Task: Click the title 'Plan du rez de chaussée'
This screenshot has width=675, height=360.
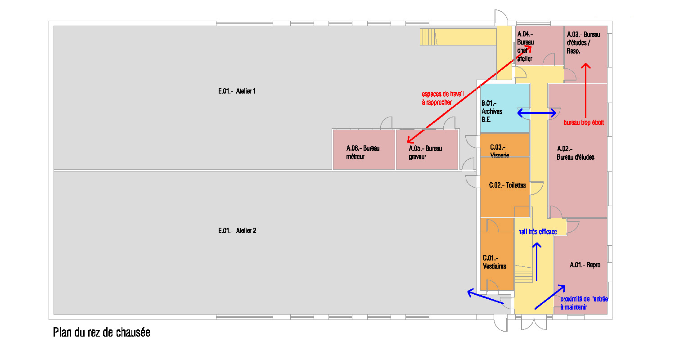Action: [x=101, y=333]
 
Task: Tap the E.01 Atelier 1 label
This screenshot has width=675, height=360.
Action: [x=237, y=91]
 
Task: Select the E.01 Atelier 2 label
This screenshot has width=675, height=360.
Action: [x=237, y=231]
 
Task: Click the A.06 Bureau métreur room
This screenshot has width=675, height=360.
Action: [x=364, y=153]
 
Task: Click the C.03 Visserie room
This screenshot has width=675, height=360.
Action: [x=500, y=151]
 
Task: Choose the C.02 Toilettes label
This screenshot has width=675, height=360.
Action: [x=507, y=185]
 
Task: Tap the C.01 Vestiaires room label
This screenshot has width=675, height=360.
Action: [x=494, y=262]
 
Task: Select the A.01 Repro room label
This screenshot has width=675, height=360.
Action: [x=585, y=265]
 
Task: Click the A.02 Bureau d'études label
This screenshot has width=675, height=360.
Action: [x=576, y=153]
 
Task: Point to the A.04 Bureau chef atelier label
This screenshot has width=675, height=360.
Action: [x=525, y=46]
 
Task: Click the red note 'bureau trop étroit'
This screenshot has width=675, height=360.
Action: [x=584, y=122]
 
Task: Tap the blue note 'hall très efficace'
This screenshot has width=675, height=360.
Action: [x=538, y=232]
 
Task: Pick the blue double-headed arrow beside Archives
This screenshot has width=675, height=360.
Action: [x=536, y=113]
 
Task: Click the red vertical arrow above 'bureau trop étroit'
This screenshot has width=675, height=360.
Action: [x=585, y=90]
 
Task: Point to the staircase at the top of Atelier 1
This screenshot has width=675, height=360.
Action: [x=429, y=36]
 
